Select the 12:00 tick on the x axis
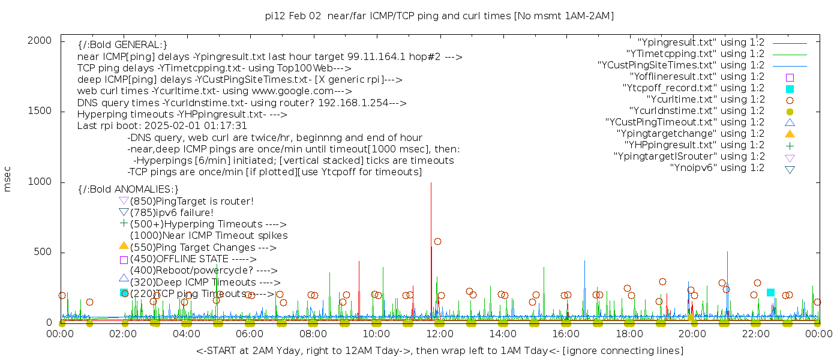pyautogui.click(x=439, y=334)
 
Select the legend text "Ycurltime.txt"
pyautogui.click(x=705, y=100)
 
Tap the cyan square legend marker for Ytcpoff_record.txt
pyautogui.click(x=790, y=89)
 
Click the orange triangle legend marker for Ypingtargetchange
pyautogui.click(x=790, y=134)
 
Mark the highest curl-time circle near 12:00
pyautogui.click(x=437, y=242)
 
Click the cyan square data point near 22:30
pyautogui.click(x=770, y=292)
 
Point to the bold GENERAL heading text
pyautogui.click(x=122, y=45)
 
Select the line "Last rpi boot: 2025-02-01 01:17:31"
pyautogui.click(x=162, y=126)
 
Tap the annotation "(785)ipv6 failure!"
pyautogui.click(x=172, y=213)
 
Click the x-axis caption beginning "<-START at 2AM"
pyautogui.click(x=439, y=350)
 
